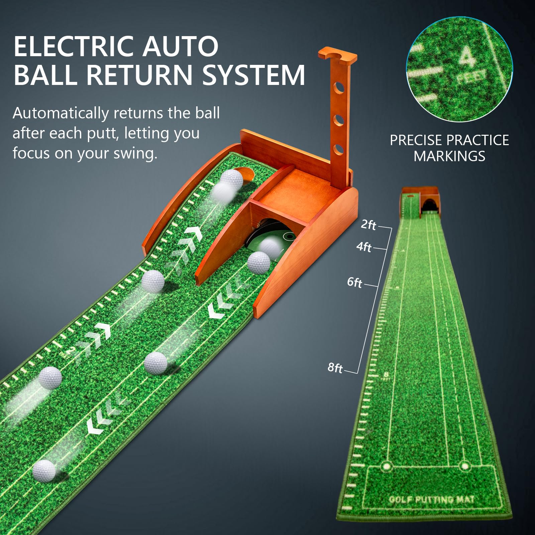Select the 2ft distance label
pyautogui.click(x=368, y=225)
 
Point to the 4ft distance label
pyautogui.click(x=363, y=247)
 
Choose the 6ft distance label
pyautogui.click(x=354, y=283)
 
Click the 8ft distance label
pyautogui.click(x=335, y=368)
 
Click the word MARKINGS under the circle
pyautogui.click(x=449, y=156)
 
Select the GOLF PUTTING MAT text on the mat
pyautogui.click(x=431, y=500)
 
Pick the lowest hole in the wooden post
pyautogui.click(x=338, y=149)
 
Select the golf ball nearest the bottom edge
pyautogui.click(x=44, y=470)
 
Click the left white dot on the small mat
pyautogui.click(x=387, y=466)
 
